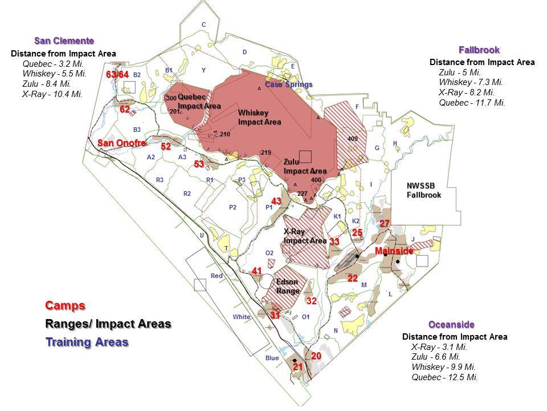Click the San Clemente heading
tap(64, 41)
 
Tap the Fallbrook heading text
tap(479, 50)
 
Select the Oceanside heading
tap(451, 324)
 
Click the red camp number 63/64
tap(117, 74)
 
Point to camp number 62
tap(124, 109)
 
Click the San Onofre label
tap(121, 143)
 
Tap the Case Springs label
tap(288, 84)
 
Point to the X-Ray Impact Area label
tap(305, 236)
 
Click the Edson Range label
tap(288, 286)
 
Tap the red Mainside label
tap(394, 251)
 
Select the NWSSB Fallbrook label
tap(424, 190)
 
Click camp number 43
tap(276, 201)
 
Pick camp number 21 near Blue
tap(297, 366)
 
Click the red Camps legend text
tap(66, 305)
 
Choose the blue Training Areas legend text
tap(87, 342)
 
